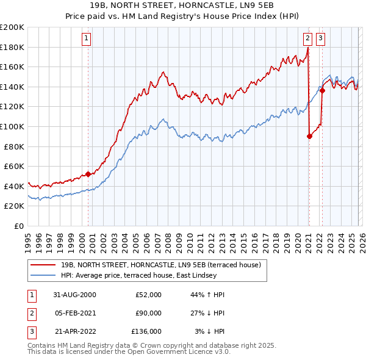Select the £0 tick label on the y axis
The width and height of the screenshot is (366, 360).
[19, 226]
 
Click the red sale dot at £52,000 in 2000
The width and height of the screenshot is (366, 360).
[88, 174]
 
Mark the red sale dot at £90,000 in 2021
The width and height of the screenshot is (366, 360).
[309, 137]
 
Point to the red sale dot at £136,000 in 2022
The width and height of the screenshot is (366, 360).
[322, 91]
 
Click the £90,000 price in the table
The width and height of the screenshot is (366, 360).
[148, 313]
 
